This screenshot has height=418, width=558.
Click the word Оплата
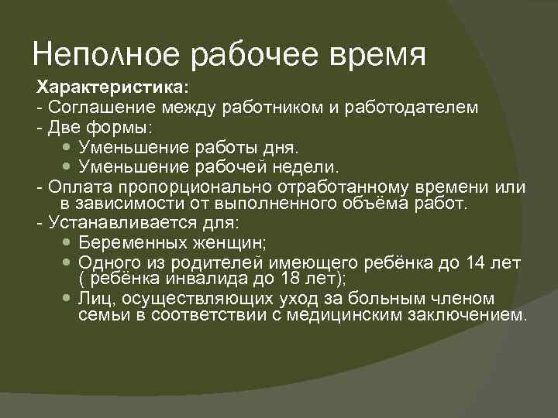click(x=74, y=188)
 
